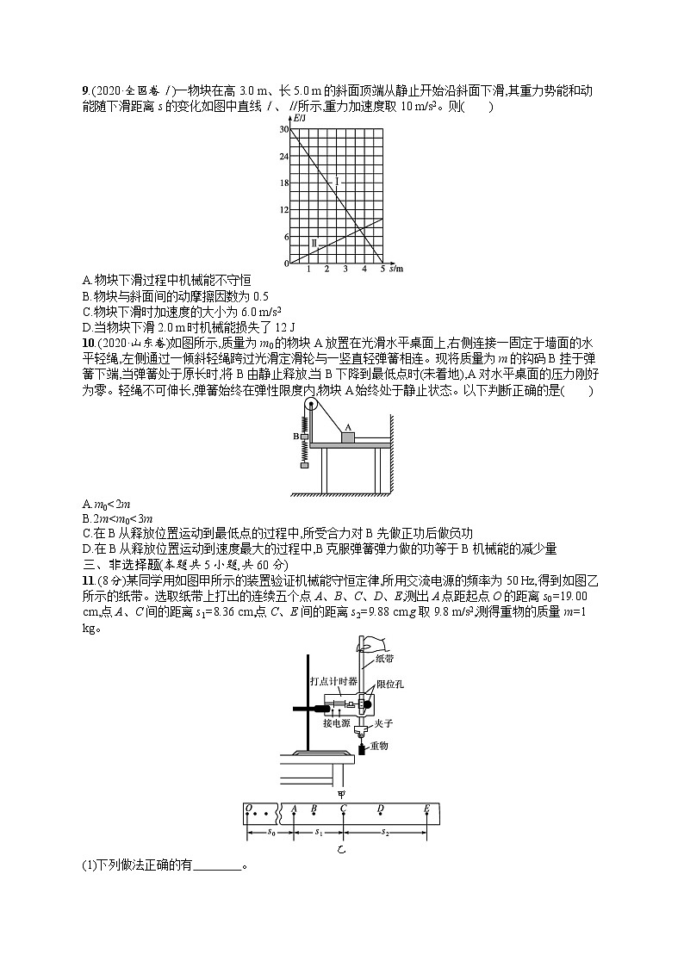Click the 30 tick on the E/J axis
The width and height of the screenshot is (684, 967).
coord(285,129)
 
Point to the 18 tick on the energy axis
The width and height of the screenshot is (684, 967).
coord(285,183)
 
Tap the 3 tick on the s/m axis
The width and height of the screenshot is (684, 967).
coord(345,269)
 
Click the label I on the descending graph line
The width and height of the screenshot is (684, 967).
coord(337,182)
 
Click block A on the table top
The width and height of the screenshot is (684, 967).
coord(349,437)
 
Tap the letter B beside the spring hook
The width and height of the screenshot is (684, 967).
coord(295,437)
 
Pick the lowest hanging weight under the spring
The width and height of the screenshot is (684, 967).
coord(304,466)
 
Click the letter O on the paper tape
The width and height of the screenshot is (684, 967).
coord(249,808)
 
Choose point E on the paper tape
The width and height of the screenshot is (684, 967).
coord(426,808)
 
